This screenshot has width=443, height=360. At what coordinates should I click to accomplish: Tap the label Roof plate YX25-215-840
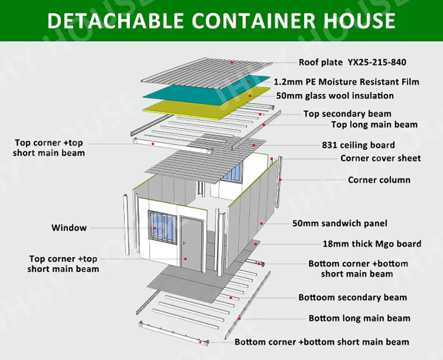352,62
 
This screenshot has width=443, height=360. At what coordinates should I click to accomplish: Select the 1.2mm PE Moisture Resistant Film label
346,82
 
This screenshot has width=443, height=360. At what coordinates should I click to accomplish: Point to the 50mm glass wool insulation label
335,96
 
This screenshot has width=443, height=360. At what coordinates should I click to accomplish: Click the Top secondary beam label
348,114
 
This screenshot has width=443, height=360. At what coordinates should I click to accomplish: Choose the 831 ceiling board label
358,145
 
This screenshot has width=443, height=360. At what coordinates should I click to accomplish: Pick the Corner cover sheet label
381,158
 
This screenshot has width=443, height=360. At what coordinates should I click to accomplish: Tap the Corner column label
379,180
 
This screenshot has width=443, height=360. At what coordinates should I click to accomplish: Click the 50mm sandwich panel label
340,224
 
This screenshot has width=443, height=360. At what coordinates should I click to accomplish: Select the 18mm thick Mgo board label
372,244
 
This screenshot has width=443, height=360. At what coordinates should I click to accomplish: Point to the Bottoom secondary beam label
353,298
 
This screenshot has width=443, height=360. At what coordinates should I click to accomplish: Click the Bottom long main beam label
359,318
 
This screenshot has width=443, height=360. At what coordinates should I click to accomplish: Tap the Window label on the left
69,228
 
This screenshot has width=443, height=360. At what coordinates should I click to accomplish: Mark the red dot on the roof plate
232,62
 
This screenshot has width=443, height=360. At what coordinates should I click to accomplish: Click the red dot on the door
186,258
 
